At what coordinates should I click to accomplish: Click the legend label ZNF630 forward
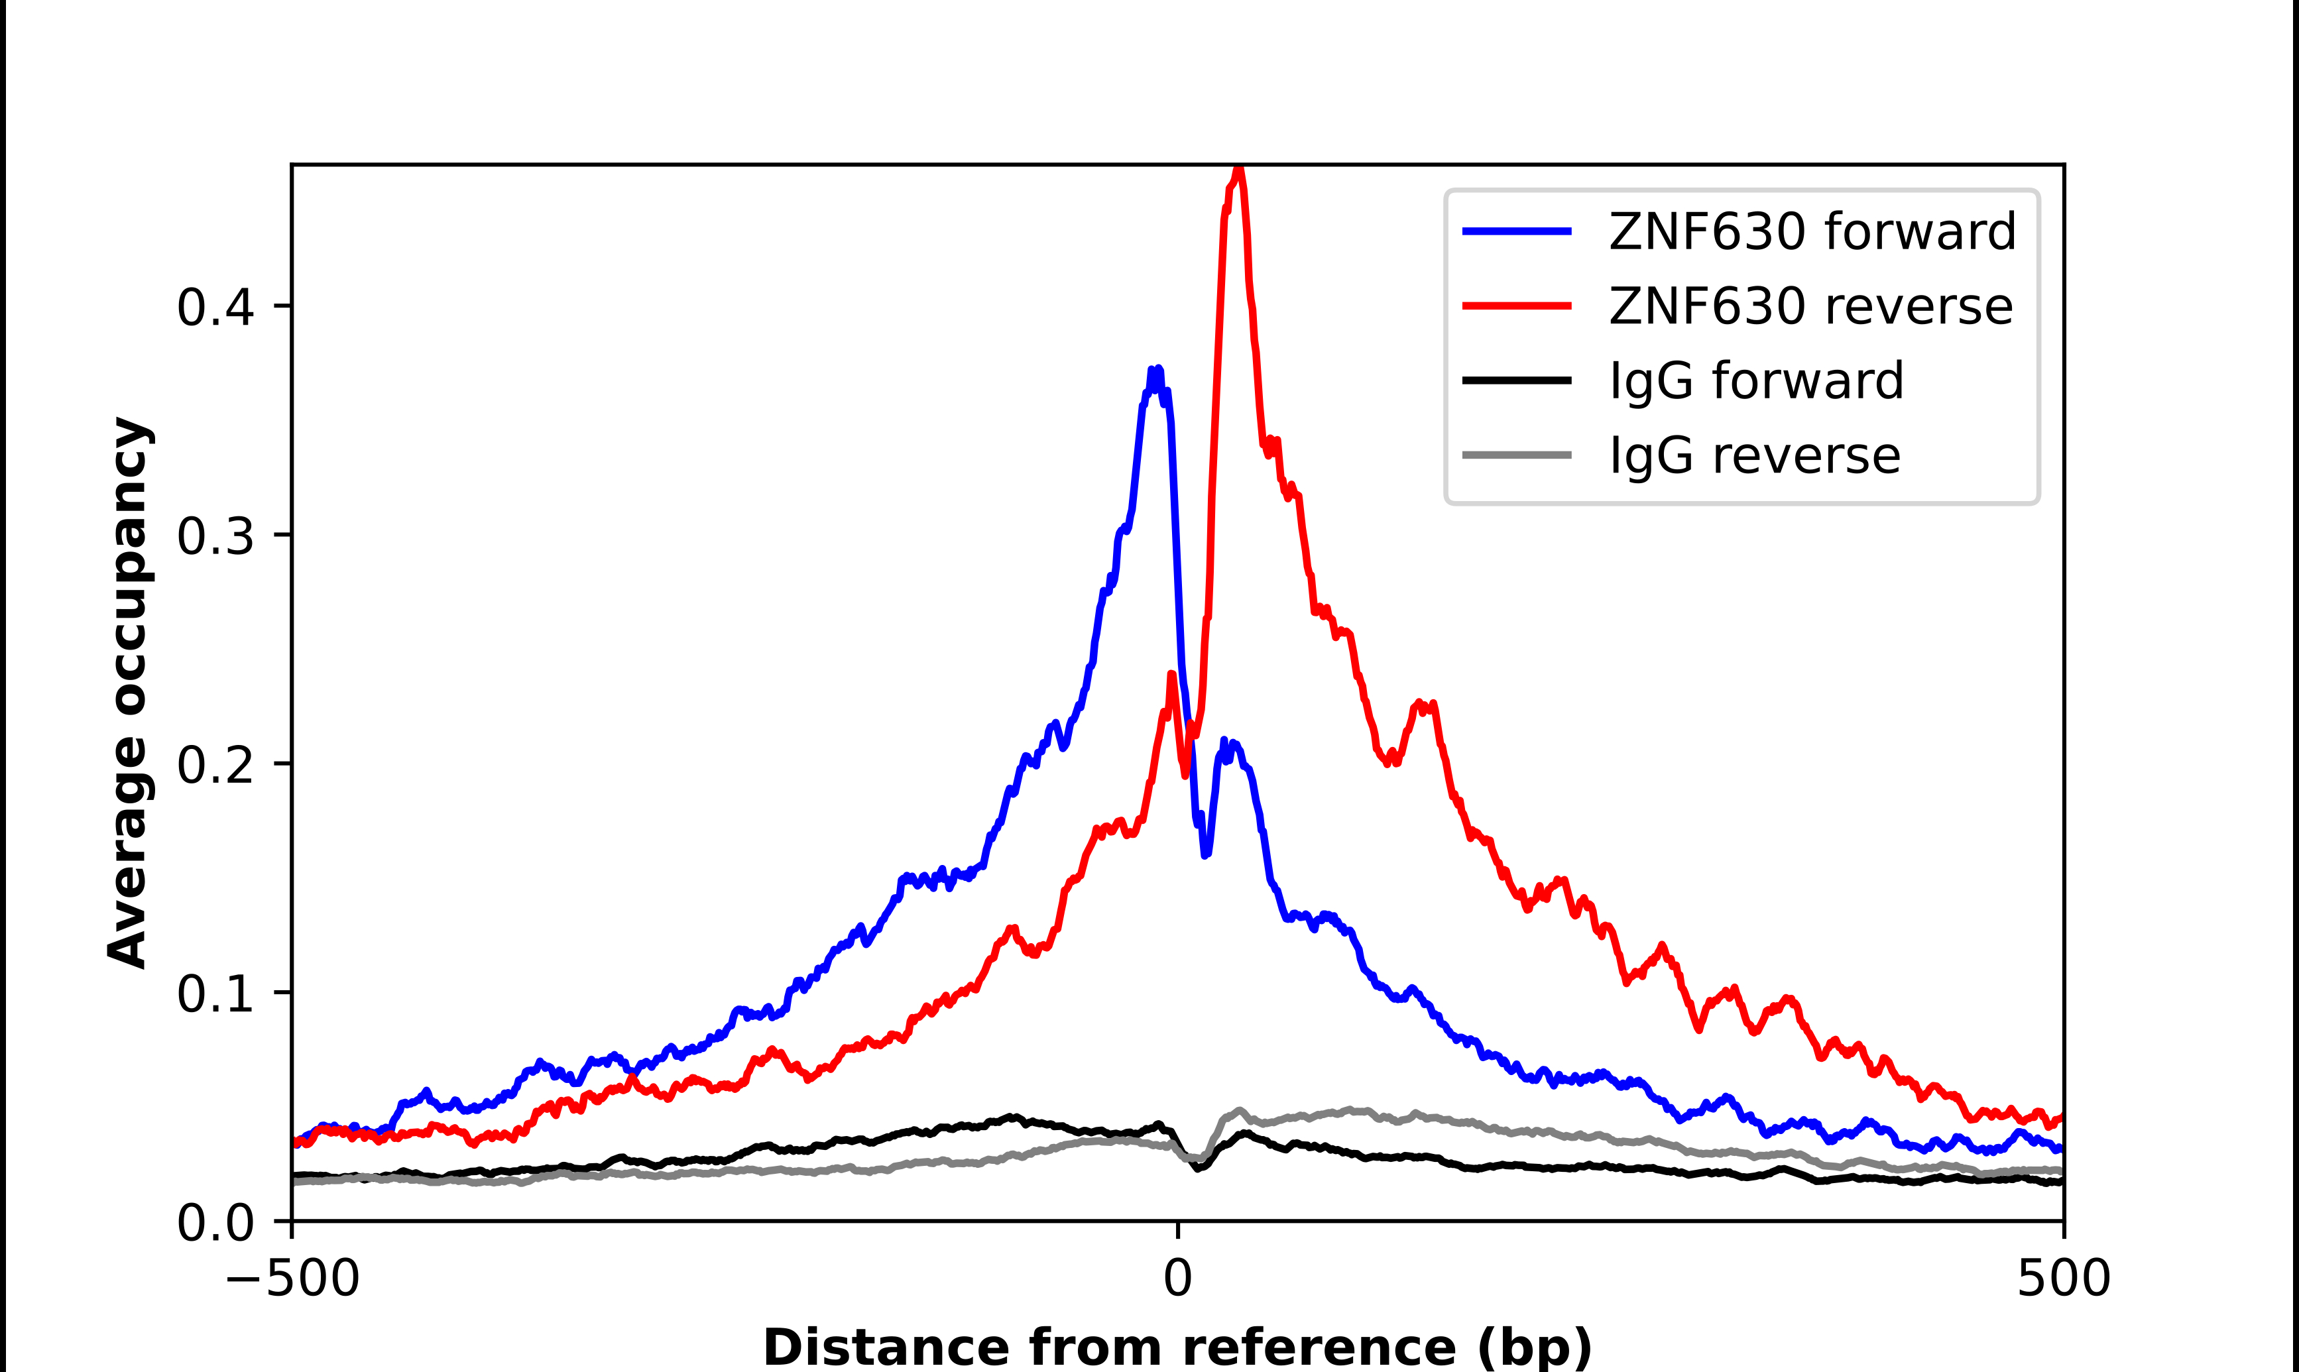[x=1812, y=231]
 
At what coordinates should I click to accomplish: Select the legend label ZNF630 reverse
[x=1810, y=306]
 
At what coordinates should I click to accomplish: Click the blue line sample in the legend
[x=1517, y=231]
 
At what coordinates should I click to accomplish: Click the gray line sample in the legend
[x=1517, y=455]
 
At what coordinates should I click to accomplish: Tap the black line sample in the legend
[x=1517, y=380]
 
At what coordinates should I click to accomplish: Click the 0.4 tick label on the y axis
[x=215, y=307]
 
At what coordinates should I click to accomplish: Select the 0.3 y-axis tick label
[x=215, y=536]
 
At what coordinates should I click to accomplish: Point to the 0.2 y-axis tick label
[x=215, y=765]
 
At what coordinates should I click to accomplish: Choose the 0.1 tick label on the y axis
[x=215, y=994]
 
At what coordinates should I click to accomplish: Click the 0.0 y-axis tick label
[x=215, y=1222]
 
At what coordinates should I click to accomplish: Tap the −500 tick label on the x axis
[x=292, y=1279]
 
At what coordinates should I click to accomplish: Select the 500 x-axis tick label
[x=2063, y=1279]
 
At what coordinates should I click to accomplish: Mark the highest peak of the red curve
[x=1240, y=170]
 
